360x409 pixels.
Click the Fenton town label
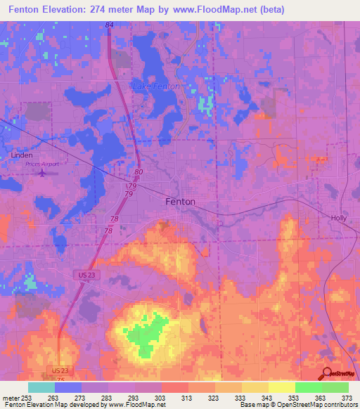[180, 201]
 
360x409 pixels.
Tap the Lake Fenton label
[155, 86]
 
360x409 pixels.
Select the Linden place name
[22, 155]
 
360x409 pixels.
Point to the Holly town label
[340, 218]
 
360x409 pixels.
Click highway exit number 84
[109, 25]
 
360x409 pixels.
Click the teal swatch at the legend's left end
[41, 387]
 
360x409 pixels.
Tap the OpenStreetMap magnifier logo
[326, 373]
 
